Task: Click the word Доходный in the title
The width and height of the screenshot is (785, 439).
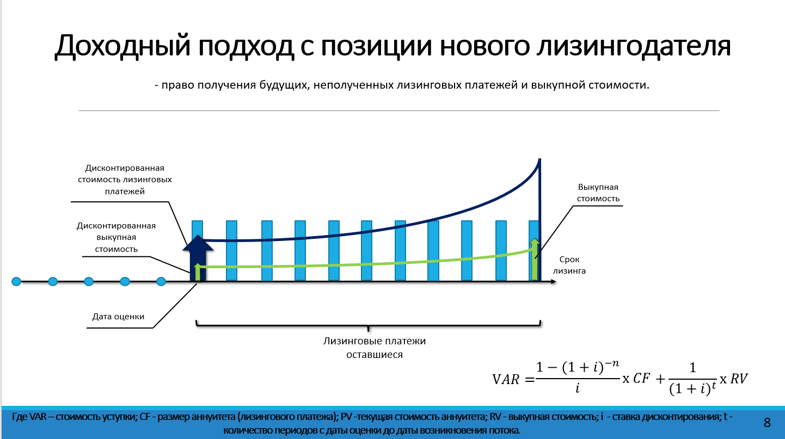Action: (x=122, y=46)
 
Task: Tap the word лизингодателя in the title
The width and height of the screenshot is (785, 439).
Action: (x=634, y=46)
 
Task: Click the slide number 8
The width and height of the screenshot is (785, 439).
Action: (x=767, y=423)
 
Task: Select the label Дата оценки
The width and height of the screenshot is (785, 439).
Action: (x=118, y=317)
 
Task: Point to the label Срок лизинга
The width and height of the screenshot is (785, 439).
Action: (x=569, y=265)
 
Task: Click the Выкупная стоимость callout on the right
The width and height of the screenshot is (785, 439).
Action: (x=598, y=193)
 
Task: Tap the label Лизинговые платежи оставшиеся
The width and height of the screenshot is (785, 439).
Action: (x=375, y=348)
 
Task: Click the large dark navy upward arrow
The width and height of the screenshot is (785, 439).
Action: (x=198, y=258)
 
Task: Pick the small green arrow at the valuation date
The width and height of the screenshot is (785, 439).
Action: (x=198, y=272)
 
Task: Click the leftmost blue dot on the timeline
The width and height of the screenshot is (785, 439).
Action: (x=16, y=281)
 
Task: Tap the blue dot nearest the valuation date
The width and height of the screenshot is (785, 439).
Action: (x=161, y=281)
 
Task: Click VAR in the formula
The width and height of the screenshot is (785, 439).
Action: (x=505, y=380)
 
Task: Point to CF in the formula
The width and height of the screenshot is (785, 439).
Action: (x=641, y=379)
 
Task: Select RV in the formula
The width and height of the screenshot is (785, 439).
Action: (x=739, y=379)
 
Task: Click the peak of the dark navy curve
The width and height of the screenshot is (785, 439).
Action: (x=539, y=159)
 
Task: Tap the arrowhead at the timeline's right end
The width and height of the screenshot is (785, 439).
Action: (x=553, y=281)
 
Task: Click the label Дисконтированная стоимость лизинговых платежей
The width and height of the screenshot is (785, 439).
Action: (x=125, y=180)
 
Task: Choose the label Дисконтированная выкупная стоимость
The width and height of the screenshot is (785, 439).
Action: (x=116, y=237)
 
